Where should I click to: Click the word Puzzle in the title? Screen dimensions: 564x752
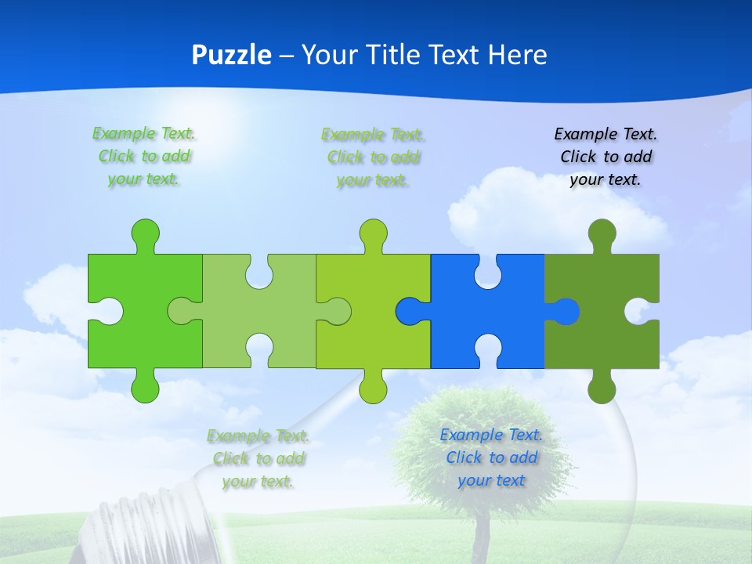(x=232, y=56)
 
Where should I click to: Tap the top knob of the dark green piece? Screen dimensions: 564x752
(x=602, y=233)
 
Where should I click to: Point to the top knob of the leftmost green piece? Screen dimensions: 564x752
(x=145, y=233)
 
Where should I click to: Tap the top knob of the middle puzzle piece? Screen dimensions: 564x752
(x=373, y=233)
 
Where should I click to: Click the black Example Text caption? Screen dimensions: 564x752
(x=606, y=157)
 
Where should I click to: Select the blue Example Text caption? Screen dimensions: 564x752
(x=491, y=457)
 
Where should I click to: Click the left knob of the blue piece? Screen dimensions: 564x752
(x=408, y=312)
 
